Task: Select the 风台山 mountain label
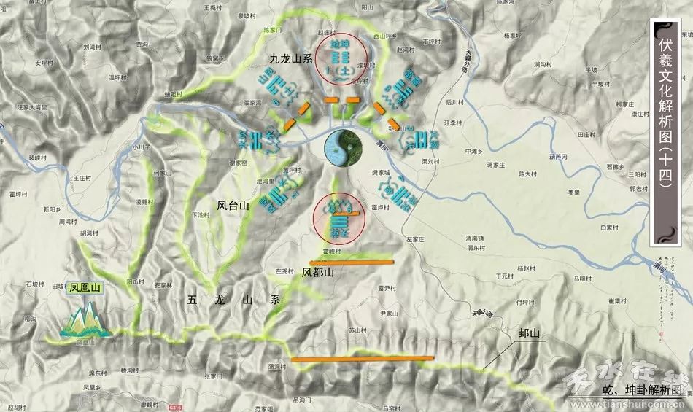click(233, 206)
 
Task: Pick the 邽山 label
click(529, 334)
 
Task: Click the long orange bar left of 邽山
click(363, 359)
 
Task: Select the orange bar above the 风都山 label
click(352, 261)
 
